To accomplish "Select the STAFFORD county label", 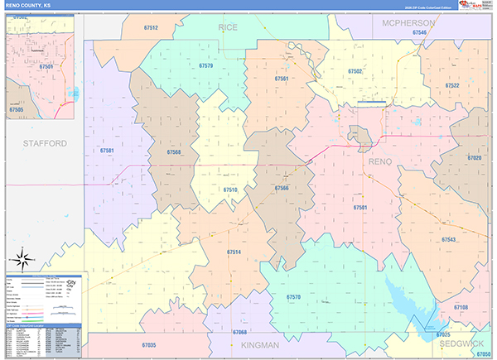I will pyautogui.click(x=45, y=143).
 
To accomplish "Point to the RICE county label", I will pyautogui.click(x=228, y=27).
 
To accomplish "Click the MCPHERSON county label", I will pyautogui.click(x=409, y=22).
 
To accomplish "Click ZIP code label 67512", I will pyautogui.click(x=149, y=27).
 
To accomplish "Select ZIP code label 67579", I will pyautogui.click(x=205, y=65).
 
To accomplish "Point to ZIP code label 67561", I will pyautogui.click(x=282, y=79).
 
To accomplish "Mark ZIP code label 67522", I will pyautogui.click(x=452, y=85).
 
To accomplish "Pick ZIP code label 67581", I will pyautogui.click(x=107, y=151).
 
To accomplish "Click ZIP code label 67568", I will pyautogui.click(x=174, y=152).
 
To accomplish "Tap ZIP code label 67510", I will pyautogui.click(x=229, y=190).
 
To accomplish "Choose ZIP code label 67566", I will pyautogui.click(x=281, y=188).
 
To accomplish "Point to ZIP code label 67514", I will pyautogui.click(x=234, y=252).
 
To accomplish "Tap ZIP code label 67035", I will pyautogui.click(x=148, y=344).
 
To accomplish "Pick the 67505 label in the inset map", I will pyautogui.click(x=17, y=108).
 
